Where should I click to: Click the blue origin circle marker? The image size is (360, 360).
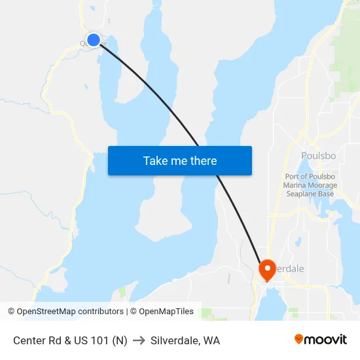[94, 40]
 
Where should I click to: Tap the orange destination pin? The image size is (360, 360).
[268, 269]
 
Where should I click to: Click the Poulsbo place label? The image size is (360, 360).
[318, 156]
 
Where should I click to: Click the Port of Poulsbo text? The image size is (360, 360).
[310, 177]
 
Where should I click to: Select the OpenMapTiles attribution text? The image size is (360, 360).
[164, 312]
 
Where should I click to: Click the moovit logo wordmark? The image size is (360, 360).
[325, 340]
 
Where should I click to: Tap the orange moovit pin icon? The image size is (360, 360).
[298, 339]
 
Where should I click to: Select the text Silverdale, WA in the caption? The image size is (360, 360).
[185, 340]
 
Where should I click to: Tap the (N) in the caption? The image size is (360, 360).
[119, 340]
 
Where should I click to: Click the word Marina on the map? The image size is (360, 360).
[295, 185]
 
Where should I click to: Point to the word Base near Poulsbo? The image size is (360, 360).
[326, 194]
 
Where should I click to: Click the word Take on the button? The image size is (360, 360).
[155, 160]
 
